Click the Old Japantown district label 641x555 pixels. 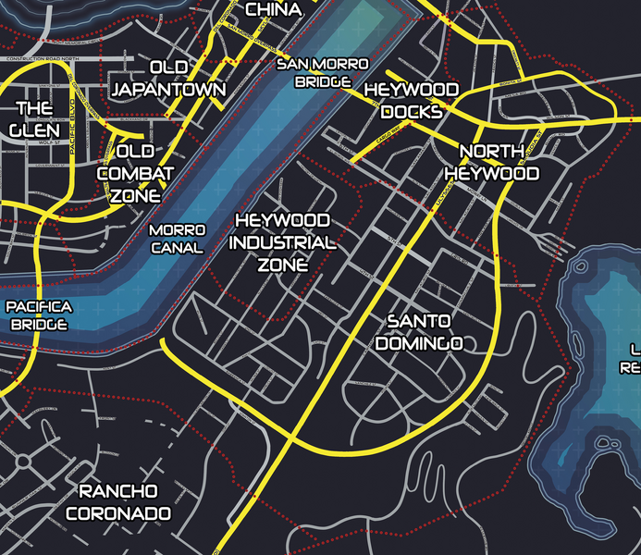click(x=167, y=79)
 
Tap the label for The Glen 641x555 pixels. click(x=35, y=119)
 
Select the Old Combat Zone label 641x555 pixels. click(x=135, y=173)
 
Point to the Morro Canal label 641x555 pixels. click(x=176, y=239)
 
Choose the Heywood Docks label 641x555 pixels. click(x=412, y=100)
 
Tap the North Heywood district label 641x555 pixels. click(x=491, y=162)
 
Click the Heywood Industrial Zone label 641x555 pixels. click(x=282, y=243)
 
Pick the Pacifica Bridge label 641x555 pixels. click(x=40, y=315)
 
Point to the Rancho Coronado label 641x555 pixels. click(x=118, y=501)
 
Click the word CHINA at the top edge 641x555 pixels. click(x=274, y=9)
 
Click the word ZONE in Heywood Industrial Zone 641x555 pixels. click(x=282, y=265)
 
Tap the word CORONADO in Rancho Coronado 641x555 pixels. click(x=118, y=512)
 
